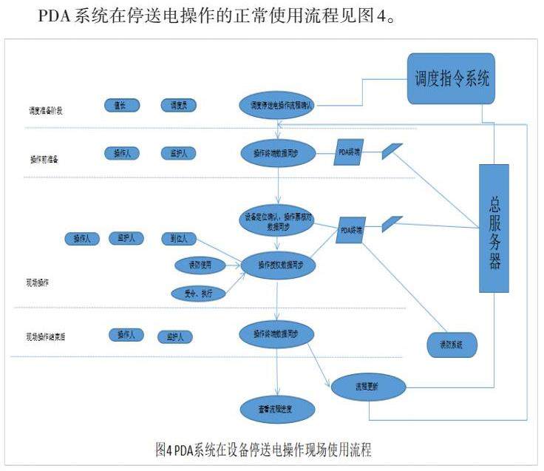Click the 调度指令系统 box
click(x=450, y=78)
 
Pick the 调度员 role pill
click(x=178, y=106)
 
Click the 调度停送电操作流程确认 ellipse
click(x=277, y=106)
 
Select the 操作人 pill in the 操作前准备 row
click(x=121, y=153)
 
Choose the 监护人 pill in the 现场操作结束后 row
click(x=175, y=336)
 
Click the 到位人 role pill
click(x=178, y=238)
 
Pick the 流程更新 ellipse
click(x=367, y=385)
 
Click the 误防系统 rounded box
click(x=451, y=345)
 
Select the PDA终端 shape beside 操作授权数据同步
click(x=351, y=230)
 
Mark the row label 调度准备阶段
click(x=43, y=111)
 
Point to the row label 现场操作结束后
click(x=51, y=336)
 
